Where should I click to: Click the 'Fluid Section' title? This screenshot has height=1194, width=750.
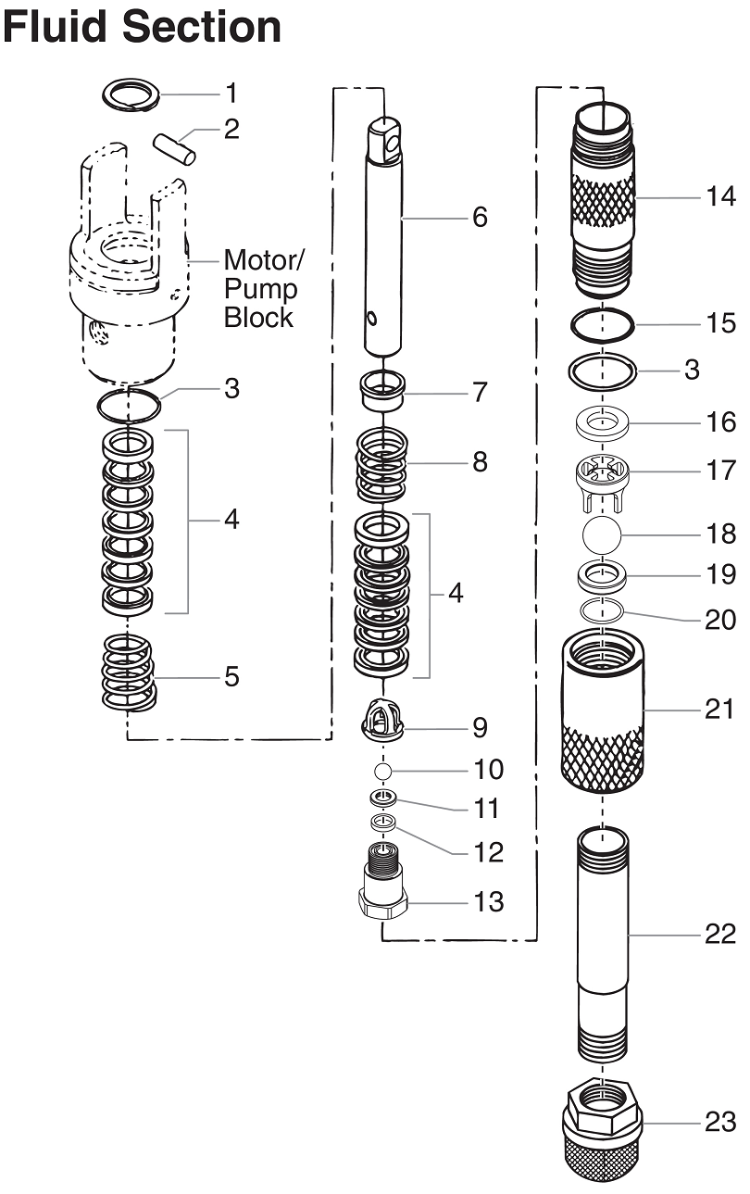pos(142,26)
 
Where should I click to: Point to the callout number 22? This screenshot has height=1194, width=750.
pos(719,934)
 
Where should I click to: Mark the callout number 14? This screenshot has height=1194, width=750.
pos(719,196)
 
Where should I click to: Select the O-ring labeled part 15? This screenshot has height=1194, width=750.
pos(602,325)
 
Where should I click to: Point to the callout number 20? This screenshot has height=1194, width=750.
pos(719,619)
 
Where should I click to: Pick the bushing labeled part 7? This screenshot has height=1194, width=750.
pos(383,391)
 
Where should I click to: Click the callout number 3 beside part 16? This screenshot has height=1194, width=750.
pos(692,369)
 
